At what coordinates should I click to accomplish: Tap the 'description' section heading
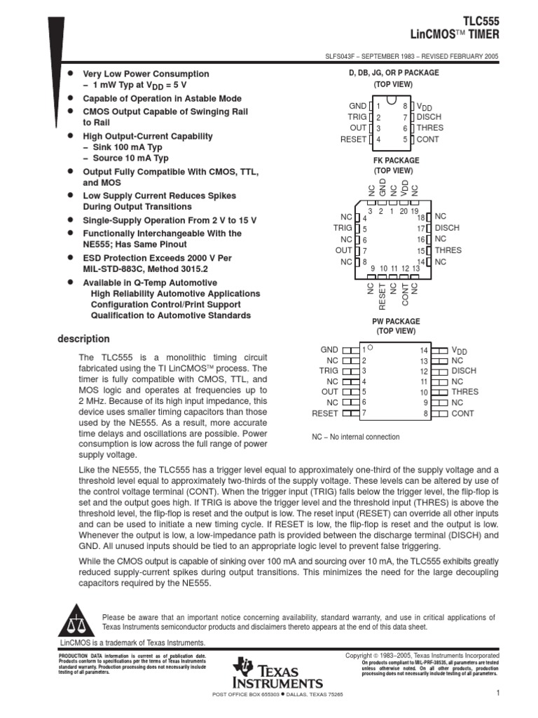83,339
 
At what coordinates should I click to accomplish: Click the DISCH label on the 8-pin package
429,117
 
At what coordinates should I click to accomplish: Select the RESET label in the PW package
324,414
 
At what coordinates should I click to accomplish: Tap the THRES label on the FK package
448,250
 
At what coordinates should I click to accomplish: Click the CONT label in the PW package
462,414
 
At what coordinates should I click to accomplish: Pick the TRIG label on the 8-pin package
357,117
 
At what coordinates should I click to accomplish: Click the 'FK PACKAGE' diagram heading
396,161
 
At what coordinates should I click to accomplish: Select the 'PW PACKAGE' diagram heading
396,320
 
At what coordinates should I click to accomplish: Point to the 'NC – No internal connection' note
355,437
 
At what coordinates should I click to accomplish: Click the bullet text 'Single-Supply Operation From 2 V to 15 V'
170,220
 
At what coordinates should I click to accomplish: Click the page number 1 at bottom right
495,693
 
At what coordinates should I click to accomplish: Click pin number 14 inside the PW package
423,350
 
